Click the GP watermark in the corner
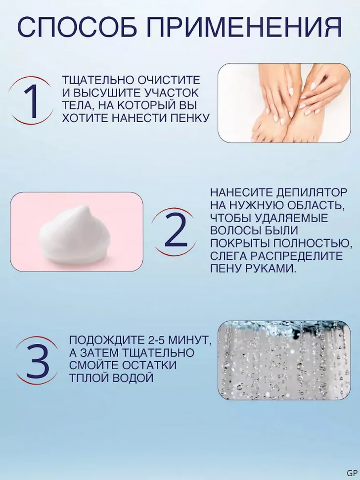coord(352,472)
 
